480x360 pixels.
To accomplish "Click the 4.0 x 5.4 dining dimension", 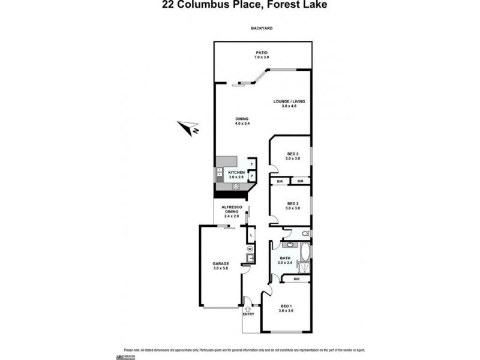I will pos(241,123).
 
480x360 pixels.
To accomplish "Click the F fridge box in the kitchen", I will pos(251,164).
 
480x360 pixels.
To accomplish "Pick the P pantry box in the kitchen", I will pos(251,176).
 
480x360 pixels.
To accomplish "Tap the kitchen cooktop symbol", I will pos(236,186).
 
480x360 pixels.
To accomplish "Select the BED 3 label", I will pos(292,154).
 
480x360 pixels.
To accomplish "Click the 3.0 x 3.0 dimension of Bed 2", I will pos(292,208).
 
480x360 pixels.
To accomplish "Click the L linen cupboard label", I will pos(251,235).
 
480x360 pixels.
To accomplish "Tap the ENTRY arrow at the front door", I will pos(248,308).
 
